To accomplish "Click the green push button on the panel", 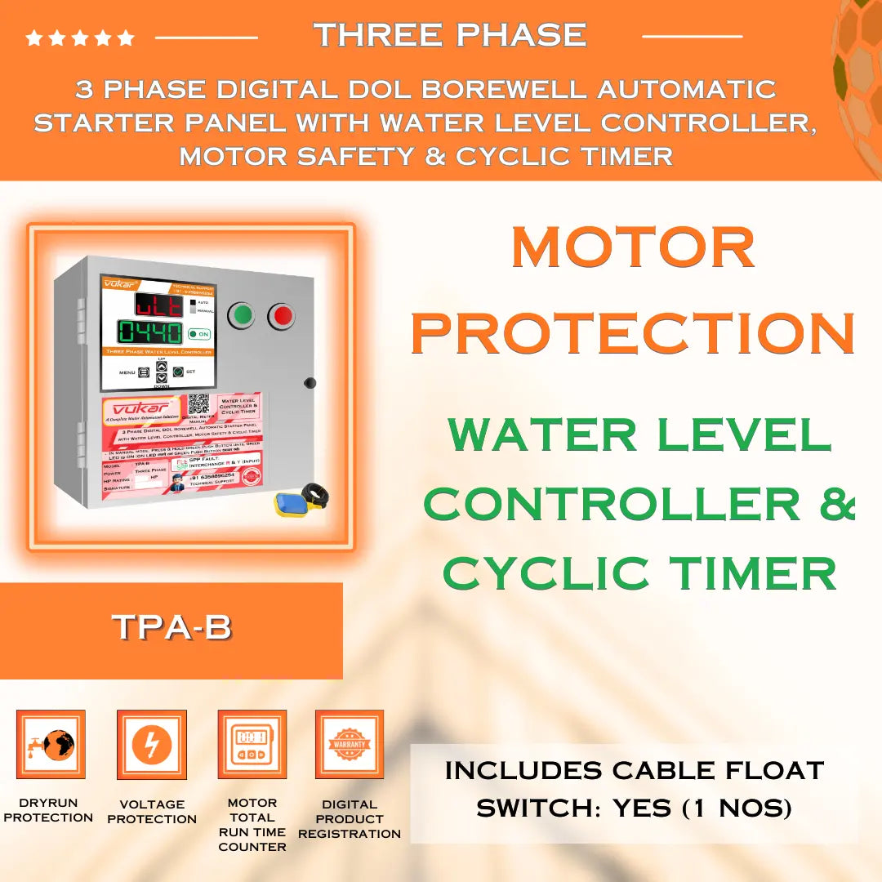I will click(x=241, y=314).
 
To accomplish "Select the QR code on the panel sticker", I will click(x=198, y=405).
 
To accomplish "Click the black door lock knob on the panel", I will click(x=310, y=382).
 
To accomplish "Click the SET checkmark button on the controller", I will click(x=177, y=372).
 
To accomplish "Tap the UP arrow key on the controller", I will click(x=161, y=367).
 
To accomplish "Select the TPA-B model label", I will click(x=171, y=627).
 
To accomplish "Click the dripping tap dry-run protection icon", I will click(x=51, y=744).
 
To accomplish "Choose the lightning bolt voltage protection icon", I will click(x=151, y=744).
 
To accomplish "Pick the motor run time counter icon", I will click(x=252, y=744).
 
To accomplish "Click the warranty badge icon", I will click(x=350, y=744).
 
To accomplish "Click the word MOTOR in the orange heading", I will click(x=633, y=247).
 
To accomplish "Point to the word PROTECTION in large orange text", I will click(x=633, y=332).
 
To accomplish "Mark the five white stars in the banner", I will click(x=80, y=38).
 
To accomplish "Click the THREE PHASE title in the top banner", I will click(x=450, y=35).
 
